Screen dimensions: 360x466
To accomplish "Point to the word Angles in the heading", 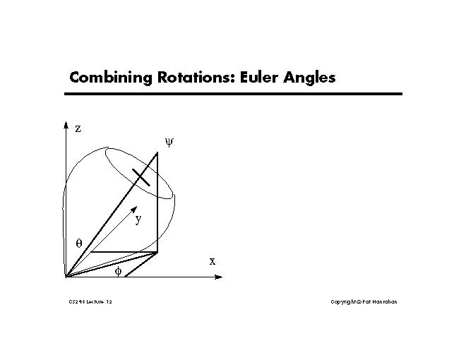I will pos(309,77).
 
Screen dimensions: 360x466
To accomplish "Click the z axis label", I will pos(78,128).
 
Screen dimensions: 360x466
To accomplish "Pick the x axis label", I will pos(212,261).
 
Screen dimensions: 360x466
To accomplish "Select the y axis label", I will pos(138,219).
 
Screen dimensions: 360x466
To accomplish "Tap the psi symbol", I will pos(169,142).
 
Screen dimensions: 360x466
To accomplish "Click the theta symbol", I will pos(79,242).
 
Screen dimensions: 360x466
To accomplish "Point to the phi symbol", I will pos(118,270).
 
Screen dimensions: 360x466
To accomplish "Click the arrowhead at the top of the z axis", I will pos(66,125).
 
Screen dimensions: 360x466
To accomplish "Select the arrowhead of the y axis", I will pos(133,210).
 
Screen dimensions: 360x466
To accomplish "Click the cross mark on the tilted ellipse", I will pos(141,176).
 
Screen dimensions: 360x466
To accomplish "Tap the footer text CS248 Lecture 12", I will pos(90,302).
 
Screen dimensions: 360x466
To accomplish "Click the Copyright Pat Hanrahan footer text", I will pos(364,302).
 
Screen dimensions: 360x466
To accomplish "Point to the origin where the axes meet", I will pos(66,277).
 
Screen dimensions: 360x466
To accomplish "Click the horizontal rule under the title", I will pos(234,93).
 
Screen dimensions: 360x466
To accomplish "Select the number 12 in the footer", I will pos(108,302).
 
